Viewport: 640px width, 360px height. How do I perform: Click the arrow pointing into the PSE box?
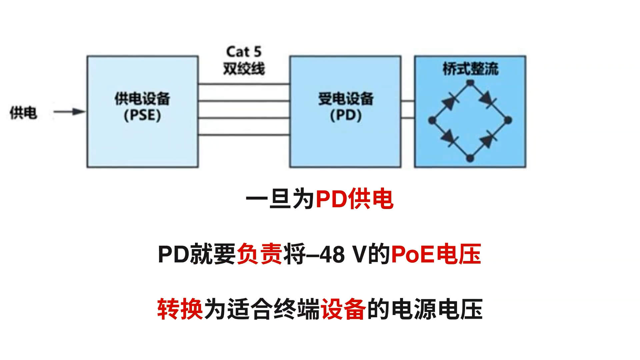tap(69, 112)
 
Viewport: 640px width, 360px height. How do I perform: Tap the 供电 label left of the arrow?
tap(23, 113)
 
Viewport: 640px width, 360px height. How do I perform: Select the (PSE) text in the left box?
tap(142, 115)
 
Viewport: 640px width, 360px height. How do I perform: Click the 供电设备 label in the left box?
tap(142, 99)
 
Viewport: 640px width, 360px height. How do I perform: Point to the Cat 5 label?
tap(244, 52)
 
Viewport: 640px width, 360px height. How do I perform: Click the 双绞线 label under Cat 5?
tap(244, 69)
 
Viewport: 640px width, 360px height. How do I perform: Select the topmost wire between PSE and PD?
tap(244, 84)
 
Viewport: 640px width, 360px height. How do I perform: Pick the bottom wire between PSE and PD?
tap(244, 135)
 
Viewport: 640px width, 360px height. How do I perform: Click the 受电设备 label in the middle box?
tap(346, 99)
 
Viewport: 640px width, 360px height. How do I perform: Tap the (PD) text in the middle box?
tap(346, 115)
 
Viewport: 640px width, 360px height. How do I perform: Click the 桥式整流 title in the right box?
tap(470, 69)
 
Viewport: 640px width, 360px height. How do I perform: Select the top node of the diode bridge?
tap(470, 82)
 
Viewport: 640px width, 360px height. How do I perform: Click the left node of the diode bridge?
tap(432, 120)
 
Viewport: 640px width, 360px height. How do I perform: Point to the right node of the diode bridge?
tap(508, 120)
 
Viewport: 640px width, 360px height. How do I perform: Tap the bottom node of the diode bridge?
tap(470, 158)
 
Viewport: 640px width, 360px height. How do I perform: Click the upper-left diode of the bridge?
tap(450, 102)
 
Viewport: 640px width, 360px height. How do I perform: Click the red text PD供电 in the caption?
tap(354, 199)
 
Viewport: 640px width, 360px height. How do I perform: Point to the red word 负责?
tap(259, 254)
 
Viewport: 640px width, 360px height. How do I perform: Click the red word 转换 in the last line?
tap(180, 309)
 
